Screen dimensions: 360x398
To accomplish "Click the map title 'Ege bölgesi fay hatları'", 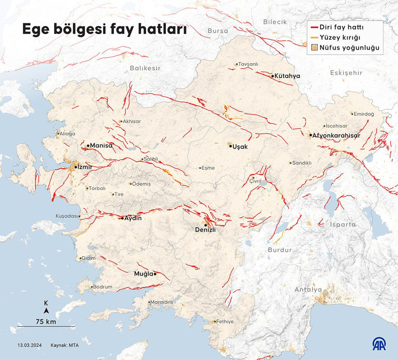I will click(x=104, y=30).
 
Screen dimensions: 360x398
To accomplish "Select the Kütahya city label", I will click(x=287, y=76).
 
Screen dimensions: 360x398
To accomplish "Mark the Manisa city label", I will click(x=100, y=145).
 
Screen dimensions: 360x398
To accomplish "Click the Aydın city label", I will click(x=133, y=218).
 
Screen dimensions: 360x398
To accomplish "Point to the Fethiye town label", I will click(x=225, y=322).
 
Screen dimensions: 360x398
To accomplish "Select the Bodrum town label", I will click(x=102, y=287).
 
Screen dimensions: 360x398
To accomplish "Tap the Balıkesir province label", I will click(x=145, y=68).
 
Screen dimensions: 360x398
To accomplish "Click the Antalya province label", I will click(x=308, y=290).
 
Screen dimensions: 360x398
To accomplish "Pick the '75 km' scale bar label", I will click(x=46, y=321).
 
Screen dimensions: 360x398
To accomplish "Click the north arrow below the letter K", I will click(x=46, y=311).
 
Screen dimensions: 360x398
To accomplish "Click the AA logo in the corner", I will click(x=379, y=344).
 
